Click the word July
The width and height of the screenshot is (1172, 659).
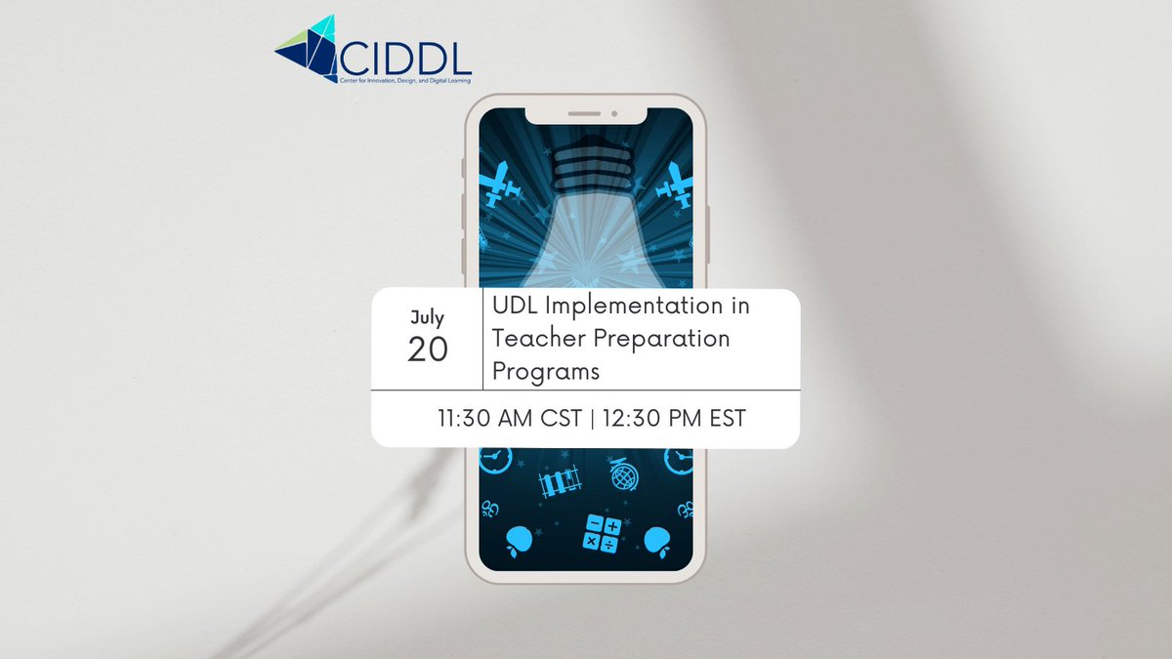pyautogui.click(x=427, y=318)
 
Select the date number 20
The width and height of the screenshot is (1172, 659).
pyautogui.click(x=427, y=350)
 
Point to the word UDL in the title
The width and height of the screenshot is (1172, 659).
pyautogui.click(x=518, y=308)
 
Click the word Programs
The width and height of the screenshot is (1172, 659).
pyautogui.click(x=545, y=372)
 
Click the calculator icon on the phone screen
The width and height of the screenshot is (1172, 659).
pyautogui.click(x=602, y=533)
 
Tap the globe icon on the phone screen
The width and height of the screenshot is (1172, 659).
pyautogui.click(x=624, y=476)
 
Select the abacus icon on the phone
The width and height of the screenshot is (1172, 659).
pyautogui.click(x=560, y=480)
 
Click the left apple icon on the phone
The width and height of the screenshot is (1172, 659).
pyautogui.click(x=521, y=540)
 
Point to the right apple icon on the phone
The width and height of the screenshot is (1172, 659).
pyautogui.click(x=656, y=540)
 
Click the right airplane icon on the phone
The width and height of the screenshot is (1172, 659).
pyautogui.click(x=675, y=183)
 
